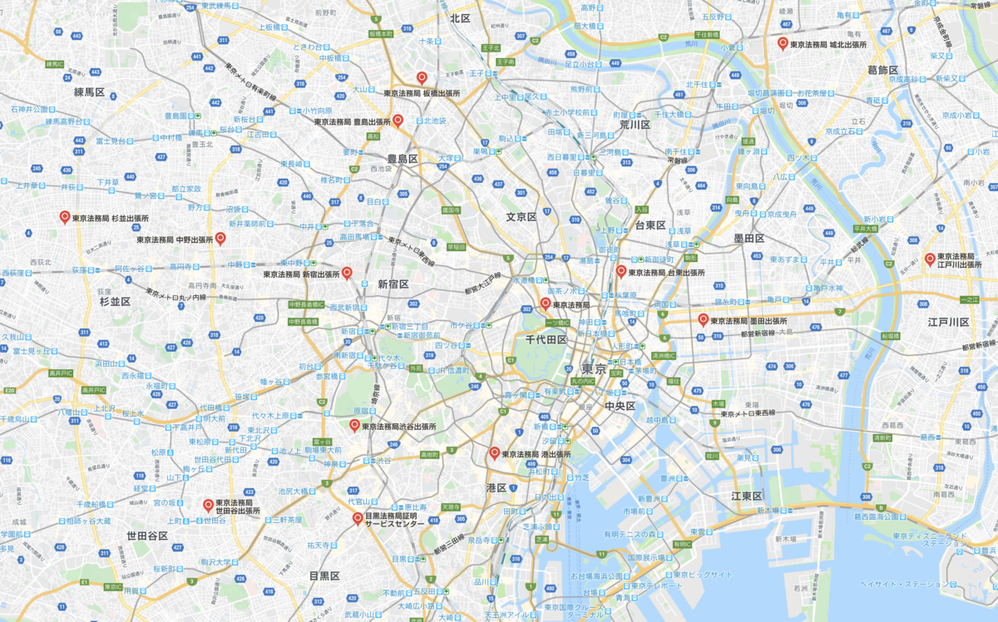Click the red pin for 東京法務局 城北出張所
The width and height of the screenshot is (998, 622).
point(782,43)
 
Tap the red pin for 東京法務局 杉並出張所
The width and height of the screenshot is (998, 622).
point(64,217)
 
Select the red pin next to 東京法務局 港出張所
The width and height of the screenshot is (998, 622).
point(494,453)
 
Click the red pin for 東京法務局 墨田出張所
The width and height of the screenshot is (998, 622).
point(703,319)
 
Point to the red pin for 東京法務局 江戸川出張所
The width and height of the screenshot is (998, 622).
point(929,259)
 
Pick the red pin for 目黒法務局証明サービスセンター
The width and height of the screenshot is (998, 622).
point(357,519)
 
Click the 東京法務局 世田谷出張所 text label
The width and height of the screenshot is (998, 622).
point(238,506)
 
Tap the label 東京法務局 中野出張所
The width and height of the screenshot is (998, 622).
point(175,239)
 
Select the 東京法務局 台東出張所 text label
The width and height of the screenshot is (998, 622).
point(666,273)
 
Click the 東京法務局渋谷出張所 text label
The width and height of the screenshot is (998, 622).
point(398,427)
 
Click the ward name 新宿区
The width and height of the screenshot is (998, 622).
point(393,284)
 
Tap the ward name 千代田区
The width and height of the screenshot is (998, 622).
point(546,340)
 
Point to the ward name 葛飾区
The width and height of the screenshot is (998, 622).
point(883,71)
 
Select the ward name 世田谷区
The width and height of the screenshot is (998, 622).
point(147,536)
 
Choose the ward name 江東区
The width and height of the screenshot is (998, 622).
point(747,496)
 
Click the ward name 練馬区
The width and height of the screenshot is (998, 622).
point(89,92)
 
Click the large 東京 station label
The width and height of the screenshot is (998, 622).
point(595,369)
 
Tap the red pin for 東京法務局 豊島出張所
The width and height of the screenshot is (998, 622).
point(398,121)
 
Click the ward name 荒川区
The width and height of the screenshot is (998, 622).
point(635,125)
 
